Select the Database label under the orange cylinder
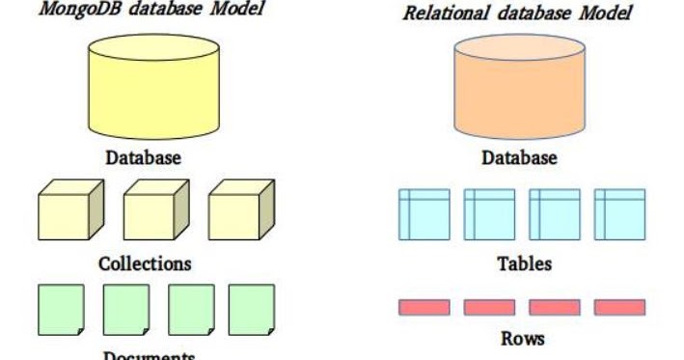coord(518,157)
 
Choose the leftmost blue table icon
coord(424,214)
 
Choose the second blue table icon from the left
coord(489,214)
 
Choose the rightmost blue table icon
coord(619,214)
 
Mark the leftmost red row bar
coord(424,307)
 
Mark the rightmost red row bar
coord(619,307)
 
